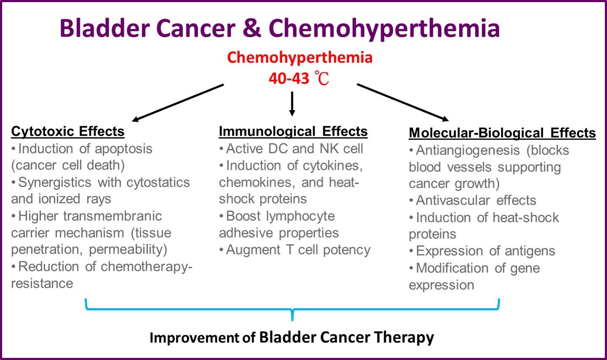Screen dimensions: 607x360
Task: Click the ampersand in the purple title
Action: [252, 28]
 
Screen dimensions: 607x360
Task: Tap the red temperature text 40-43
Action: [289, 79]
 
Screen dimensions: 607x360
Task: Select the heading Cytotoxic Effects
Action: [68, 132]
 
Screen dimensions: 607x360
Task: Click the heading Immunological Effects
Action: [293, 132]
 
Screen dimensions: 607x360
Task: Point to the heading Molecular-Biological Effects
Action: [502, 133]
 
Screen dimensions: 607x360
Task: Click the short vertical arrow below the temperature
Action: [292, 104]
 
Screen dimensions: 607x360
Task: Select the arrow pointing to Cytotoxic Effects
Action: [178, 103]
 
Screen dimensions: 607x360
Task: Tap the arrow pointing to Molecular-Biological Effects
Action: [403, 102]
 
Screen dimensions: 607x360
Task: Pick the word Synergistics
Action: [55, 183]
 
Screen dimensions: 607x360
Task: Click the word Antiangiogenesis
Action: [468, 151]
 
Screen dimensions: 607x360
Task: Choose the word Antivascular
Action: [453, 200]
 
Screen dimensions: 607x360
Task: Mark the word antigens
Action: [530, 251]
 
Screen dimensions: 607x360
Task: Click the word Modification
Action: [452, 268]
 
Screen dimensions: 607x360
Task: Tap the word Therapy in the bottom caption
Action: [404, 338]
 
